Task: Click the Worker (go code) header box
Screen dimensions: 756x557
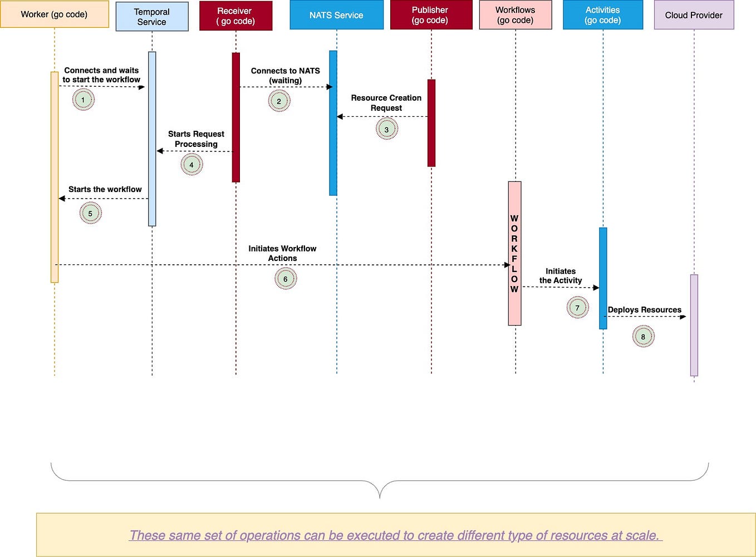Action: point(54,14)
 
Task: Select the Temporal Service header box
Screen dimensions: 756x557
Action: point(151,17)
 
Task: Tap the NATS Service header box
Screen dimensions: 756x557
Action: point(336,15)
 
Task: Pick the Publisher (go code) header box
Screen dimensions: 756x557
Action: point(430,15)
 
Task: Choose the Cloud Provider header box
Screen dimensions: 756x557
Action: point(694,15)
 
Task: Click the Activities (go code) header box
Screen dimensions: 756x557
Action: point(602,15)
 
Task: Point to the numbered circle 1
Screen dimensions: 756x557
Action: point(83,100)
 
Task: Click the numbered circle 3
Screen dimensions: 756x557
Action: point(386,129)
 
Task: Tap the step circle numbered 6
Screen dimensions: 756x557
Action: point(285,279)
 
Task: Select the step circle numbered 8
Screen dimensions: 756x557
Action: point(643,337)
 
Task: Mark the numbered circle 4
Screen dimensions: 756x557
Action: point(192,165)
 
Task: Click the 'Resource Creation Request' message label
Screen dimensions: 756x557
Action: point(386,103)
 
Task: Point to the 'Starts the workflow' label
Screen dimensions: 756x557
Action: point(105,189)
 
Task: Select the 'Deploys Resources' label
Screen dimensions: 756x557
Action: point(644,309)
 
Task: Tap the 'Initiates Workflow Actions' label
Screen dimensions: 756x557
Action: point(282,253)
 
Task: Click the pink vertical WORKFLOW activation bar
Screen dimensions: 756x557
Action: point(514,253)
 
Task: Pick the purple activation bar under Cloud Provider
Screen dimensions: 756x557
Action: point(694,325)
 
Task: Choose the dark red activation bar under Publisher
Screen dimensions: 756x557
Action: point(431,123)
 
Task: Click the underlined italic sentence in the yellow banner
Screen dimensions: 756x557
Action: point(395,535)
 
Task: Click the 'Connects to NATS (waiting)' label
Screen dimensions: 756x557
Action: point(285,76)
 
